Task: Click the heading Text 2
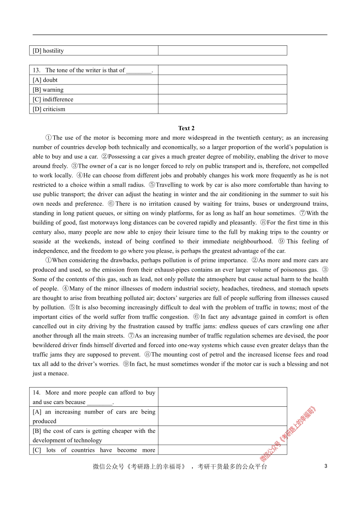(186, 128)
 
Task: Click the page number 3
(326, 466)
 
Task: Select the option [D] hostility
(48, 51)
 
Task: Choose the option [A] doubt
(45, 80)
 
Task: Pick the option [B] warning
(48, 90)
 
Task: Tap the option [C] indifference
(53, 99)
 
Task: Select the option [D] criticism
(49, 109)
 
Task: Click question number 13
(36, 70)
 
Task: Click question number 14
(36, 393)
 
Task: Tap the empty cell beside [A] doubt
(222, 80)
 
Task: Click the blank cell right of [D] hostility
(222, 51)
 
